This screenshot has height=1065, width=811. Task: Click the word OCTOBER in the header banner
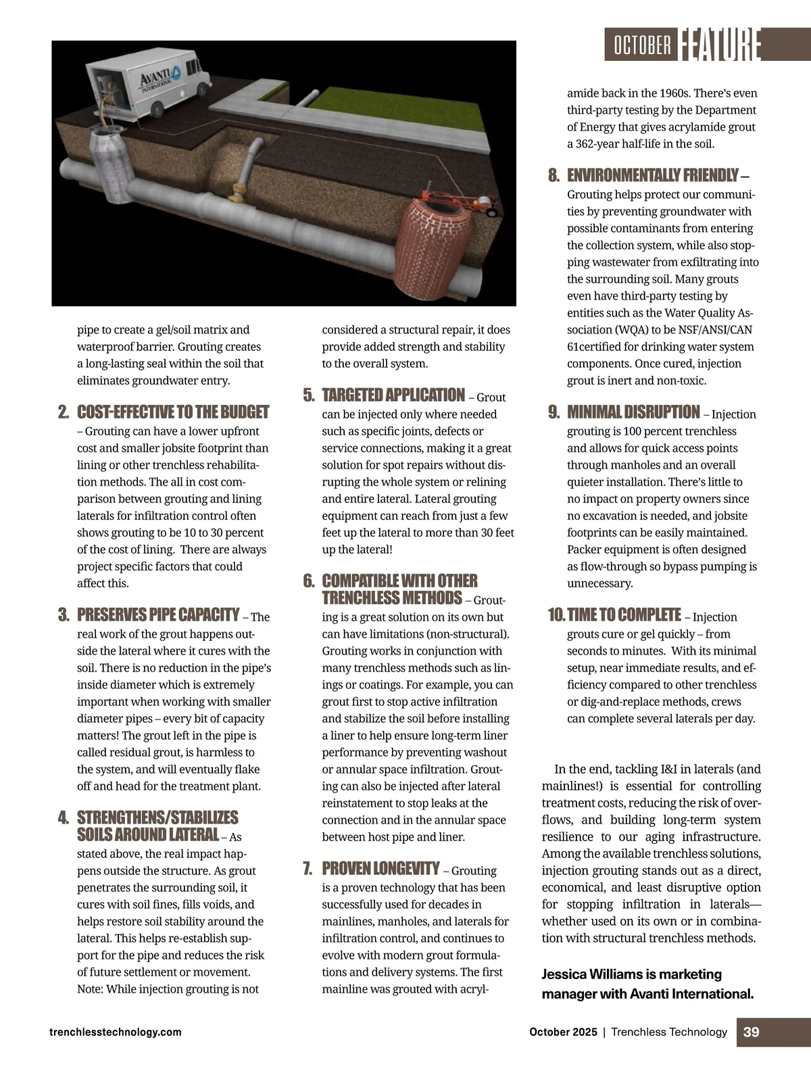(642, 45)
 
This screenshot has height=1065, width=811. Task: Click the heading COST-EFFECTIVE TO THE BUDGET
(173, 412)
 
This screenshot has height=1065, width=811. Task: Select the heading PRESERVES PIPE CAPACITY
(158, 615)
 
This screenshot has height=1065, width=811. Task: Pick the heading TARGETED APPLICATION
(393, 396)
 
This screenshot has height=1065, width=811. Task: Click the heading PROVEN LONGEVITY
(380, 868)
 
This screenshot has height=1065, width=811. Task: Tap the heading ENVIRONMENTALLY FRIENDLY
(652, 176)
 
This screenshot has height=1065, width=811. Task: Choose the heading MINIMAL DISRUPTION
(633, 412)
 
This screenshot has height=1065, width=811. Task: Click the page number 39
(752, 1032)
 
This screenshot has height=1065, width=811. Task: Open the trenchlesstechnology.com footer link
(116, 1032)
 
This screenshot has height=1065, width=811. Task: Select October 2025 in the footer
(563, 1032)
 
